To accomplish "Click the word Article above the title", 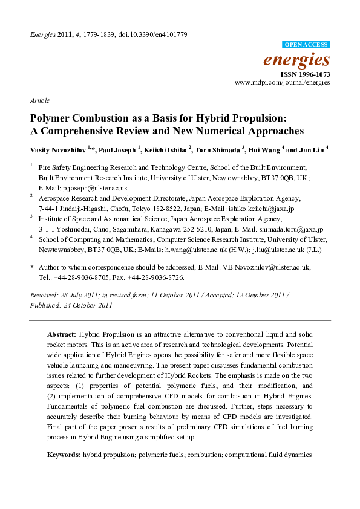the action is (x=39, y=100).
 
